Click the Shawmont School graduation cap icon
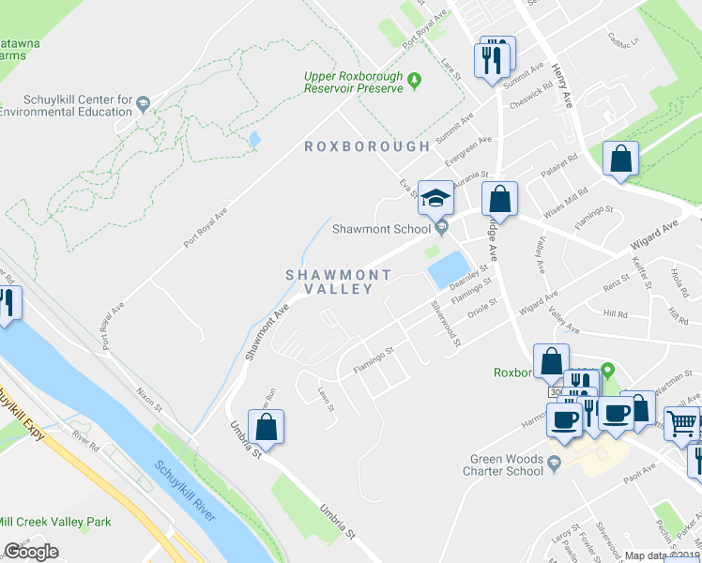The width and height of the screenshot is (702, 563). point(435,198)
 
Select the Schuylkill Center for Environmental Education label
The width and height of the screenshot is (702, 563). point(66,106)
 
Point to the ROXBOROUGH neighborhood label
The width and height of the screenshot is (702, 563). point(367,146)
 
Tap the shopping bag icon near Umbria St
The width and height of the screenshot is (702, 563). point(267,426)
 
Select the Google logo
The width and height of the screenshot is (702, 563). point(31,552)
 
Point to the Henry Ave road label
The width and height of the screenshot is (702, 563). point(562,85)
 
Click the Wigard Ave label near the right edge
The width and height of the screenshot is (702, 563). point(656,230)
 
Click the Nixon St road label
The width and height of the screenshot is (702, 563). point(148,403)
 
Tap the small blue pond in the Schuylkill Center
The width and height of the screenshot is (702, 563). point(254,140)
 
